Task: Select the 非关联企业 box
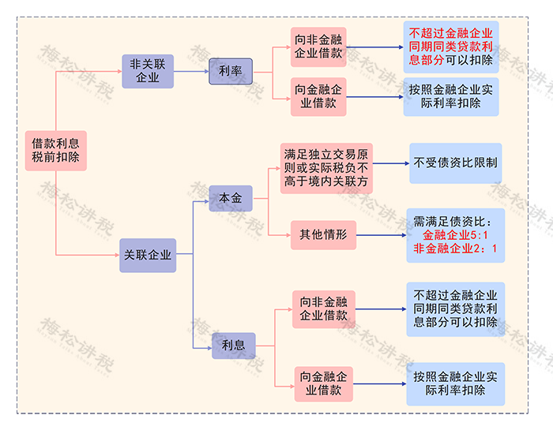tap(147, 71)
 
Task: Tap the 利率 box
tap(230, 71)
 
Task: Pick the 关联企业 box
tap(147, 256)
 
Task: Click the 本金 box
tap(231, 197)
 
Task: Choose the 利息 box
tap(233, 345)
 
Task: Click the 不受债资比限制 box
tap(455, 163)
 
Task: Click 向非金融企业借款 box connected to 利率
tap(318, 47)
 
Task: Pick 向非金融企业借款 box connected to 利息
tap(323, 309)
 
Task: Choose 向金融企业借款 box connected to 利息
tap(323, 383)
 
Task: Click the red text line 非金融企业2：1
tap(455, 249)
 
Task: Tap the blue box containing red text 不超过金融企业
tap(450, 47)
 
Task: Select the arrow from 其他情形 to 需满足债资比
tap(380, 234)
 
